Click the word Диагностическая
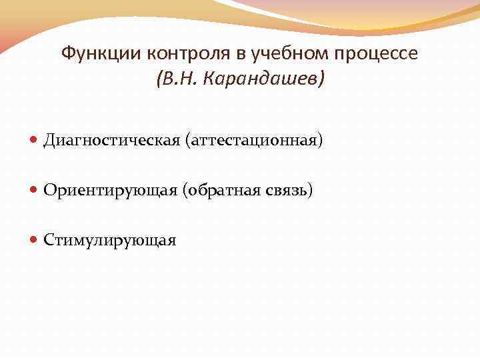pos(112,141)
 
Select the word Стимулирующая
pos(110,241)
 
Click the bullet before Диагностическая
pos(35,141)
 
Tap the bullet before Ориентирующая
pos(35,191)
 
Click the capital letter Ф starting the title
pos(67,53)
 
